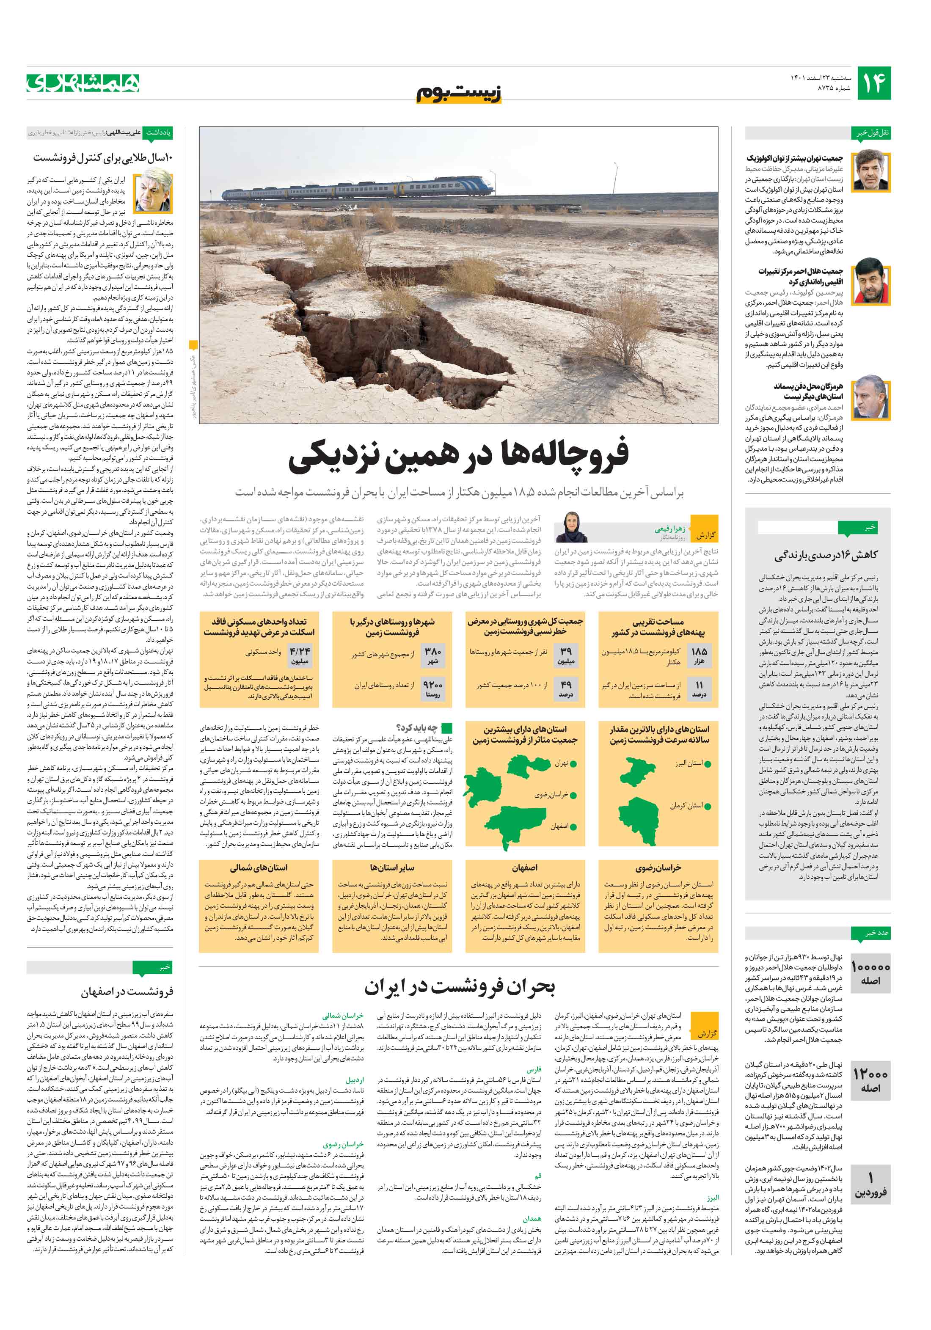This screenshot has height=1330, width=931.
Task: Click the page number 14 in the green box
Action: tap(873, 83)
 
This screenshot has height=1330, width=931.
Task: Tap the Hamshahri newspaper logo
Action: tap(83, 83)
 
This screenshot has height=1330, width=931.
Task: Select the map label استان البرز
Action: tap(688, 763)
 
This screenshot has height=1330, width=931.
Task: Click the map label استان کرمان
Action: tap(686, 806)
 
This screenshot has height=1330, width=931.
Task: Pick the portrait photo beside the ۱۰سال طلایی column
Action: tap(154, 190)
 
